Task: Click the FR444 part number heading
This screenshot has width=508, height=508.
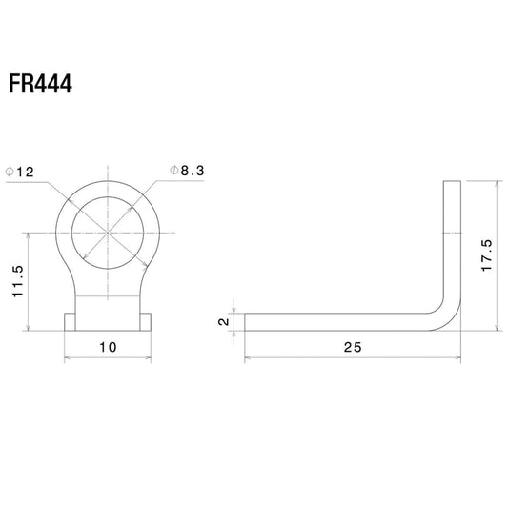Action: [40, 84]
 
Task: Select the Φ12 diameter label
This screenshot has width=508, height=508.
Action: [20, 172]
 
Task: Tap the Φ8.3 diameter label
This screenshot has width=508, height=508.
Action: [187, 171]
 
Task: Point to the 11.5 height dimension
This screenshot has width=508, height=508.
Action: [18, 281]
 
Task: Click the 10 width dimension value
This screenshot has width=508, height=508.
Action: [108, 347]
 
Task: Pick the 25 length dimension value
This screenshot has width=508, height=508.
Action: [353, 347]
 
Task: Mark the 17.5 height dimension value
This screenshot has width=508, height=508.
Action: [487, 255]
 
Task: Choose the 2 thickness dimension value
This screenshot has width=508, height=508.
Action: [224, 322]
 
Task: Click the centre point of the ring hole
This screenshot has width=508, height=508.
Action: [108, 233]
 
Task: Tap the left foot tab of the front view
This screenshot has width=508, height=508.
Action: [70, 322]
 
